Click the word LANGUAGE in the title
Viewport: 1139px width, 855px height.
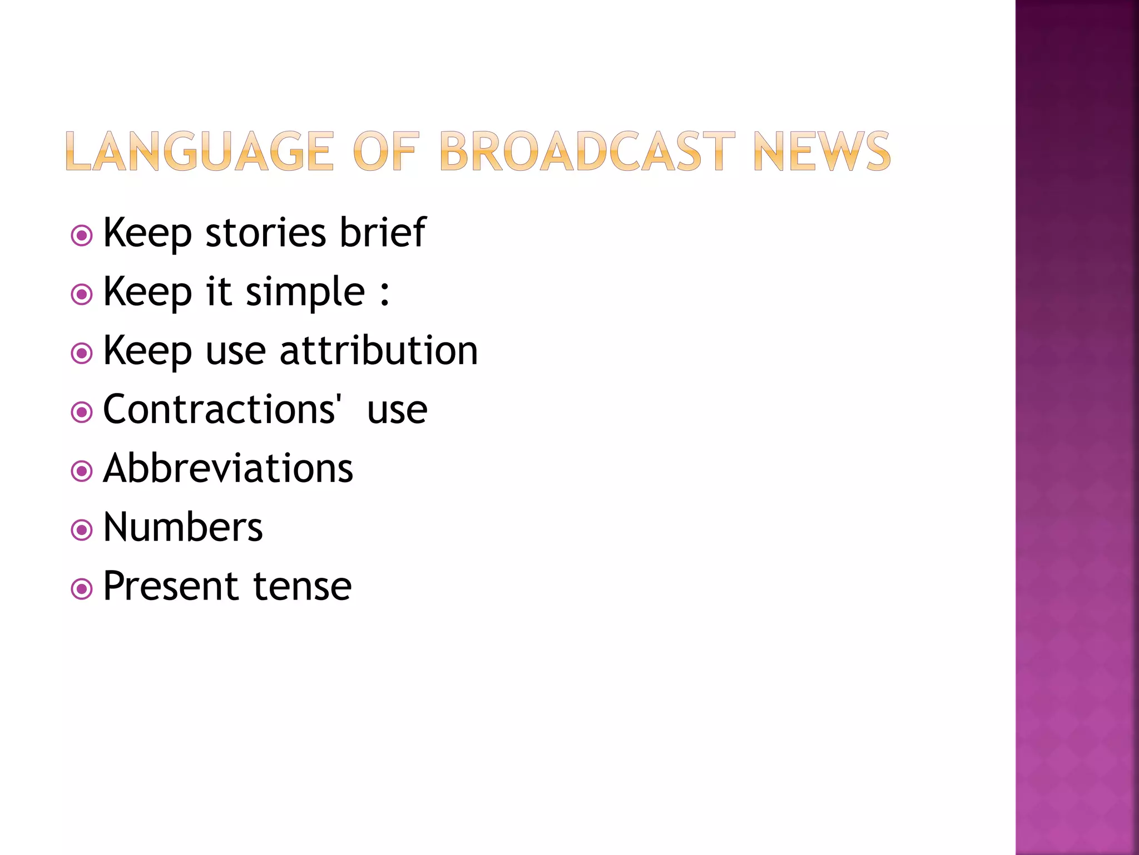coord(200,151)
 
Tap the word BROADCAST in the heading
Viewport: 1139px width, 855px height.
coord(587,151)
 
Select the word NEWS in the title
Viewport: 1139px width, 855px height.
coord(821,151)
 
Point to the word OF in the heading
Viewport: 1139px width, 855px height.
coord(385,151)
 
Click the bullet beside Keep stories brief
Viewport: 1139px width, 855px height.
coord(82,235)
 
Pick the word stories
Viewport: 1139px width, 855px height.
coord(265,233)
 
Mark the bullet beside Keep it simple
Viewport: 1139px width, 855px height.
coord(82,294)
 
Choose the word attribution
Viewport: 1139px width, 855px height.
coord(378,351)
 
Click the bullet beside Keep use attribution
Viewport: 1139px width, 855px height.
coord(82,353)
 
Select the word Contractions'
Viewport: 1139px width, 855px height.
coord(221,409)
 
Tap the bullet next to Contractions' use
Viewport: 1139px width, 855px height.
coord(82,412)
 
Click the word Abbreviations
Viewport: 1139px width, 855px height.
coord(228,468)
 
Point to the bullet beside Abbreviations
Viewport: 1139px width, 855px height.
coord(82,471)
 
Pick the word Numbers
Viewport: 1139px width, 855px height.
coord(183,527)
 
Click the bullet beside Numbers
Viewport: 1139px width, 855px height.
coord(82,530)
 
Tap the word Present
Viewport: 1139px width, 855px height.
coord(171,586)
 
